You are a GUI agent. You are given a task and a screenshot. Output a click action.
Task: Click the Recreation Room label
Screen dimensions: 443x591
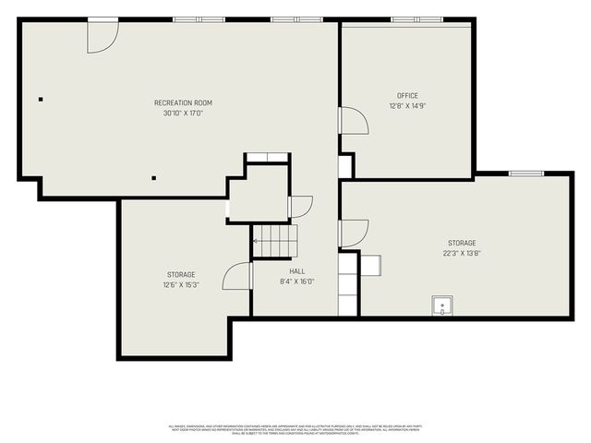[x=183, y=102]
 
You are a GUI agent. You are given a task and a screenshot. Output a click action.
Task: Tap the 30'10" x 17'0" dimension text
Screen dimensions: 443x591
[x=183, y=113]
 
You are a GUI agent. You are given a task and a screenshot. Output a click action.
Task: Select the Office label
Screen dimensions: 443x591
[x=407, y=96]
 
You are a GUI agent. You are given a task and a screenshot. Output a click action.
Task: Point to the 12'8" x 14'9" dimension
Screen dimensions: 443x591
[x=407, y=106]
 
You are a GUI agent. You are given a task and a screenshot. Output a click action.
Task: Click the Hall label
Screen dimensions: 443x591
[x=297, y=271]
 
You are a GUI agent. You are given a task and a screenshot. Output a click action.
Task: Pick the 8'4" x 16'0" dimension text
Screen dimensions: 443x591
[x=297, y=281]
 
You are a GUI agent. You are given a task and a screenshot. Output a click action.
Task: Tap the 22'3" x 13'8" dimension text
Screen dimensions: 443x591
[x=463, y=253]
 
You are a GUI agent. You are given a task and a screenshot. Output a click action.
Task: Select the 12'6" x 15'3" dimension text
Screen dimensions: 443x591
[x=181, y=285]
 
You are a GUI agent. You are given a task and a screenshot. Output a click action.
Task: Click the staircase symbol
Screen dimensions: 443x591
[x=275, y=241]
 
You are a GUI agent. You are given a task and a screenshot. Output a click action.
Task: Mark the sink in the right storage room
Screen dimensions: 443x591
[x=442, y=306]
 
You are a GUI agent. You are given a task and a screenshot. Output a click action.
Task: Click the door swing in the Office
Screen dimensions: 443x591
[x=353, y=121]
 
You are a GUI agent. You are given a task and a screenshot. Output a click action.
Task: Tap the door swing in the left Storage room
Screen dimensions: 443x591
[x=237, y=276]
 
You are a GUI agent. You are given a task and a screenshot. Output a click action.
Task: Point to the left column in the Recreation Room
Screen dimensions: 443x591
[x=41, y=99]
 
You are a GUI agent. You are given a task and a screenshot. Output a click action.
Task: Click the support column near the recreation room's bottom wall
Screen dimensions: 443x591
[x=154, y=177]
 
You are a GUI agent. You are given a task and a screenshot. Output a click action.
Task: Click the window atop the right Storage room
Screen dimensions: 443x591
[x=526, y=173]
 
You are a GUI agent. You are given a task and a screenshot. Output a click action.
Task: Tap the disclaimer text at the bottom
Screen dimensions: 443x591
[x=295, y=428]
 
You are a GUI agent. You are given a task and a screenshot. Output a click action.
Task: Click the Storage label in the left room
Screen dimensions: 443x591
[x=181, y=275]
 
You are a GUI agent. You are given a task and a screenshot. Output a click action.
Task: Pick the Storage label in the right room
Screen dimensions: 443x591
[x=463, y=243]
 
